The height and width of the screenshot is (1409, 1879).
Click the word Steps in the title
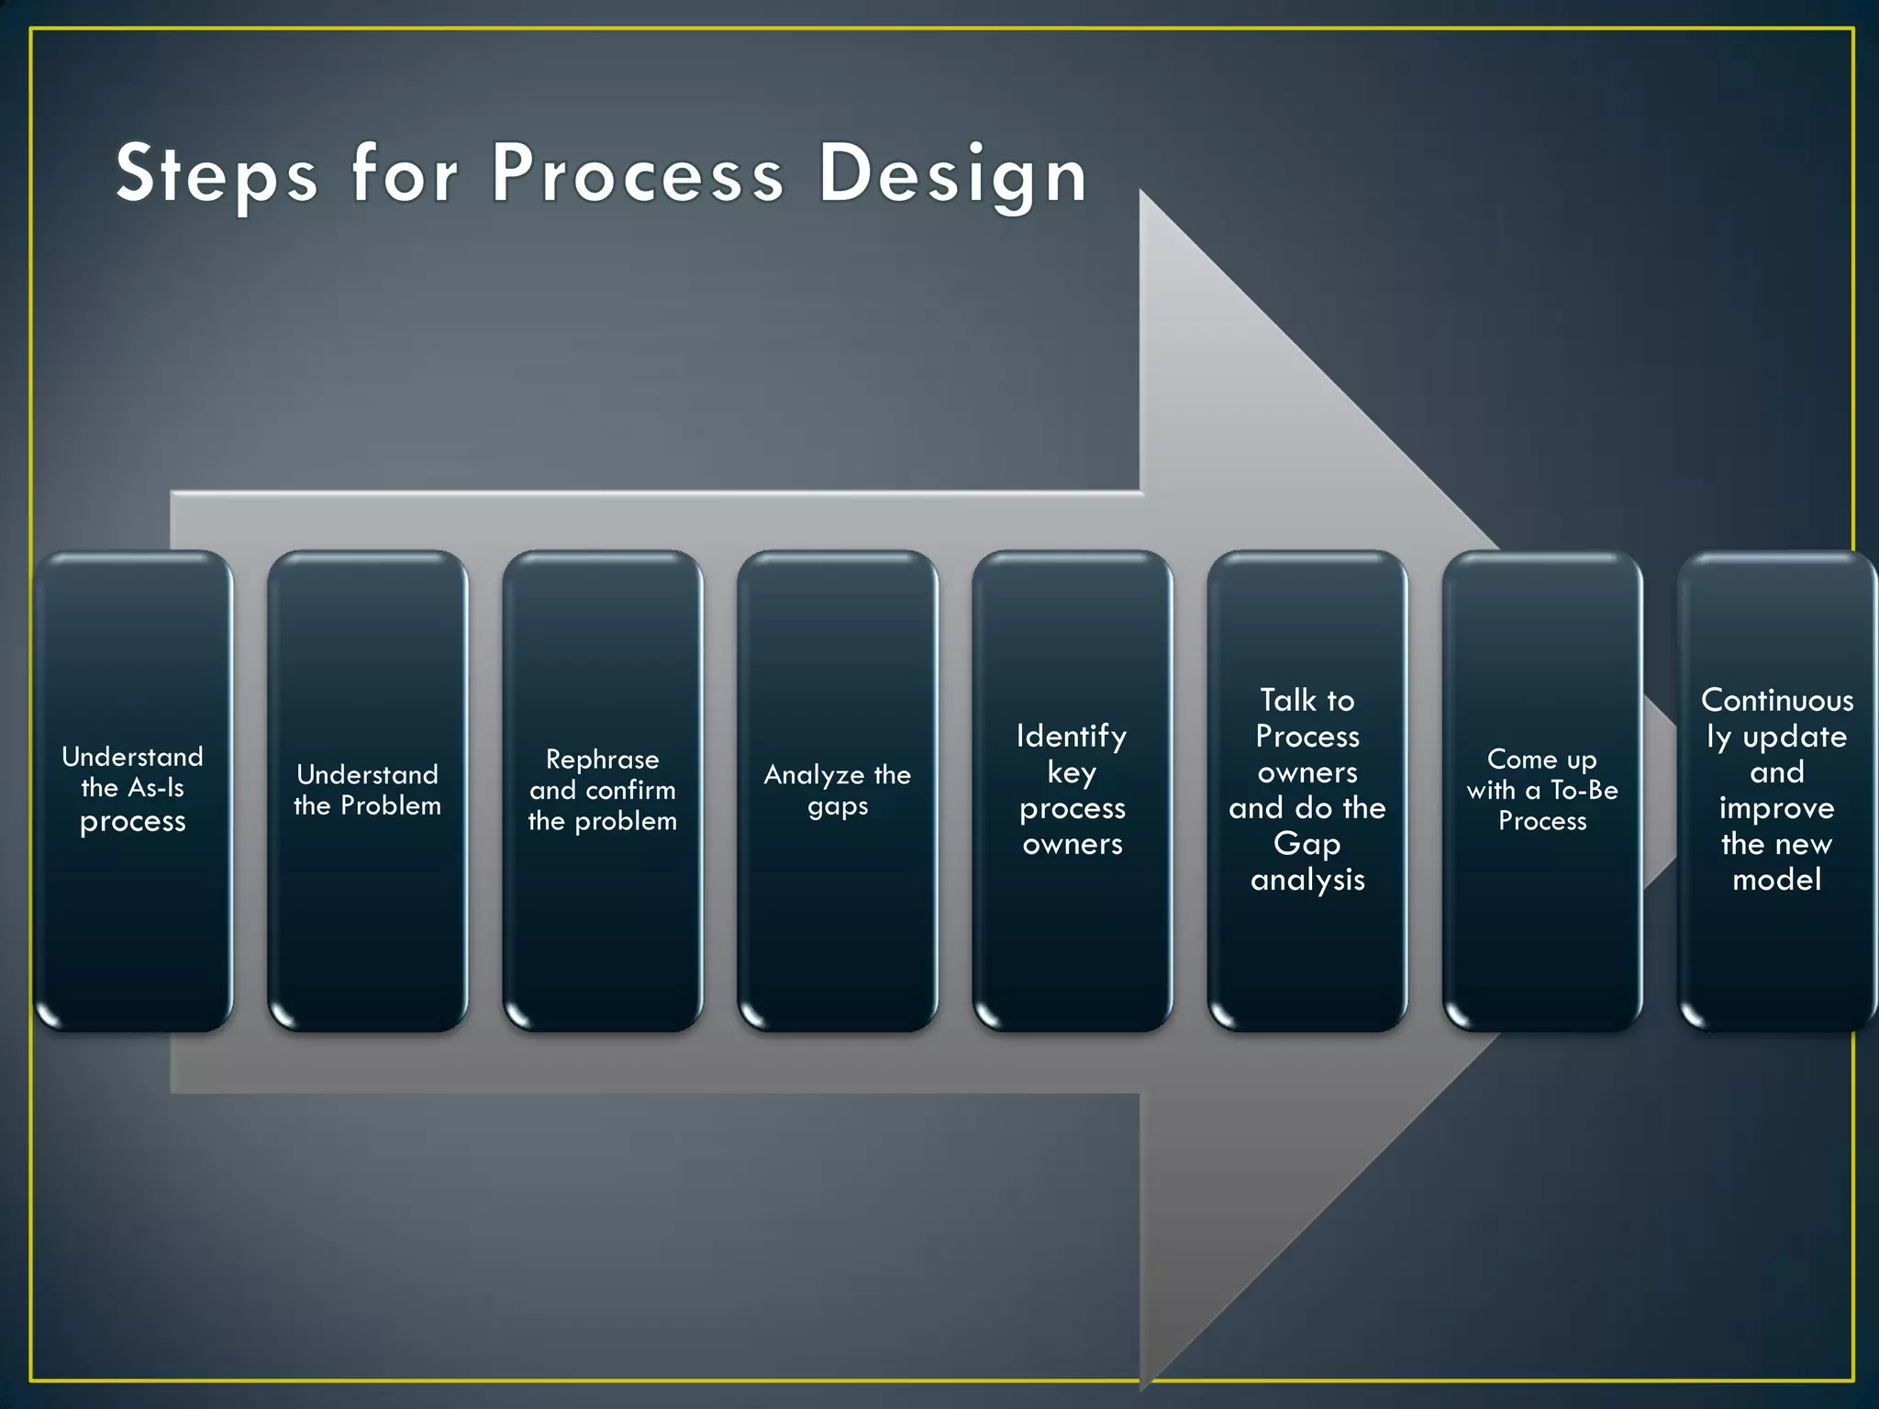click(x=217, y=174)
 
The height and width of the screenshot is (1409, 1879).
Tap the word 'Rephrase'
click(x=603, y=760)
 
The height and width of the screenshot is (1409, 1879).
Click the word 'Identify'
click(x=1072, y=737)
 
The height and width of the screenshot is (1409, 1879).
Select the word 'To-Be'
click(x=1584, y=790)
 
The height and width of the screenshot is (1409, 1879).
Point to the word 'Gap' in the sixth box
click(x=1307, y=844)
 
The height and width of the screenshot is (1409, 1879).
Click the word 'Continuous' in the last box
click(x=1777, y=701)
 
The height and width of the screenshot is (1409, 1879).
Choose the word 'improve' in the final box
click(x=1777, y=808)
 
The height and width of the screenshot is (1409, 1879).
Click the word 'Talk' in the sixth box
click(x=1287, y=701)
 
